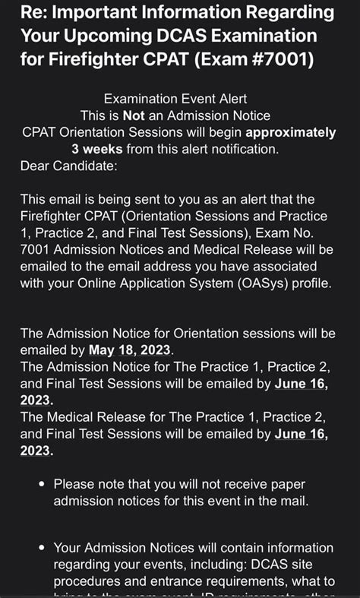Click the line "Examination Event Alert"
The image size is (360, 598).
(175, 100)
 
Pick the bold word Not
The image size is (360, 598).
(134, 116)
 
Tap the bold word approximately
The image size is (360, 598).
(291, 133)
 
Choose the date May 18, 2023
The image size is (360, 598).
(131, 350)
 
